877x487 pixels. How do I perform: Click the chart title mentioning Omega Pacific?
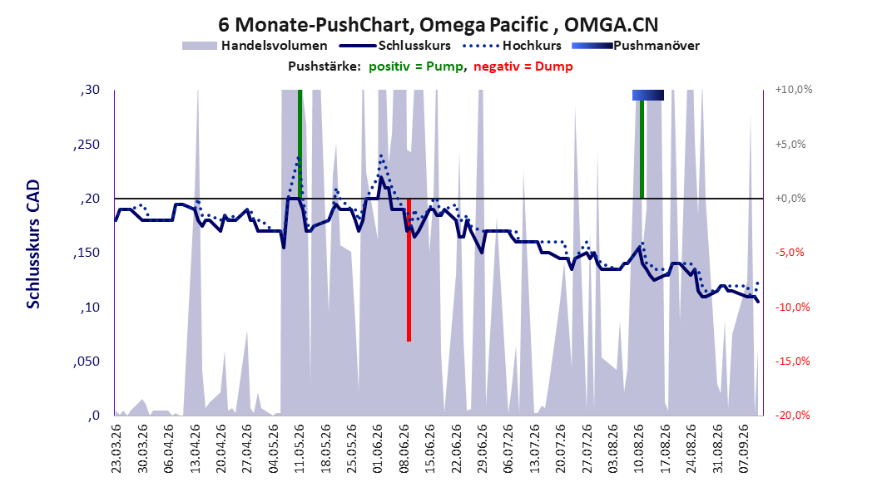(438, 25)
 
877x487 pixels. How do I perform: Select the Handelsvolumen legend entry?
(255, 46)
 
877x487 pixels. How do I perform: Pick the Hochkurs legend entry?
(513, 46)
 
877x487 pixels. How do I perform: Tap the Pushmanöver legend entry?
(636, 46)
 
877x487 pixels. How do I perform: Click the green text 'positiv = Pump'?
(416, 66)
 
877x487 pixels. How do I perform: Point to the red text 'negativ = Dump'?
(523, 66)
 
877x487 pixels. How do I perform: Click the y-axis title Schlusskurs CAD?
(33, 244)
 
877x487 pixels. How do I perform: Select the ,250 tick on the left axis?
(87, 145)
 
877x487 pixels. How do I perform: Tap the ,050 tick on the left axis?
(87, 362)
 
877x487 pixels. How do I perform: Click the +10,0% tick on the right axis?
(794, 90)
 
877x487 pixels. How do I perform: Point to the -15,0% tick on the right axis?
(792, 362)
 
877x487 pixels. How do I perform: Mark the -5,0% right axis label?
(790, 253)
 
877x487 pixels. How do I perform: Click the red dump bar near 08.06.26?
(409, 270)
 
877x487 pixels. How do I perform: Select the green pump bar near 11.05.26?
(300, 144)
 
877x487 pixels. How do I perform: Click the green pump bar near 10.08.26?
(642, 149)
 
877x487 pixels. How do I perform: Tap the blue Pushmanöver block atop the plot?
(648, 95)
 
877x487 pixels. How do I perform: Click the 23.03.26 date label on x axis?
(116, 449)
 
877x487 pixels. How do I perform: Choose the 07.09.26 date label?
(744, 449)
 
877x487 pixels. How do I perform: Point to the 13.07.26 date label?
(535, 449)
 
